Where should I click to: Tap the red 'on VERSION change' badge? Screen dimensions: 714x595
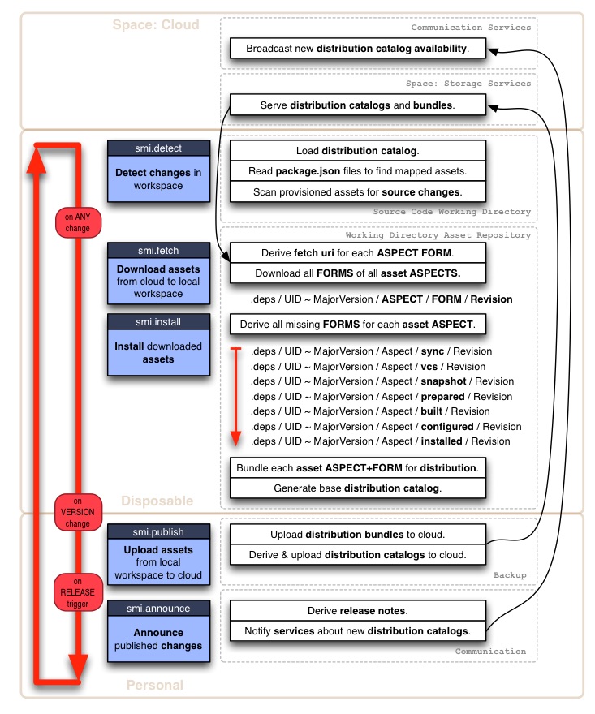(x=79, y=512)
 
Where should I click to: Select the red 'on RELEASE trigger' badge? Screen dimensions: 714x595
(x=79, y=591)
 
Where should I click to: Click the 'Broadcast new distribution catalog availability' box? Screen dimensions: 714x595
(x=358, y=49)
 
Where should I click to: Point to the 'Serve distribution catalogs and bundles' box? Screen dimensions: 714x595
(x=358, y=105)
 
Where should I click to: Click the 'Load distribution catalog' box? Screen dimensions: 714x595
(x=358, y=151)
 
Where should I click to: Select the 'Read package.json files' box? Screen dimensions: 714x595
(x=358, y=171)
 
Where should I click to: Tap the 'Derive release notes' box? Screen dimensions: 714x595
(x=358, y=610)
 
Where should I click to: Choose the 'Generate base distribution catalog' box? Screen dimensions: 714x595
(x=358, y=488)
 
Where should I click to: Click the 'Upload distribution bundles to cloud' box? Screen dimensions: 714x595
(x=358, y=535)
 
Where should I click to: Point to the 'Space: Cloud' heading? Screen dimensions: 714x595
(x=156, y=24)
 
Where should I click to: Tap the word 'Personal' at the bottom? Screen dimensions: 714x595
(x=154, y=686)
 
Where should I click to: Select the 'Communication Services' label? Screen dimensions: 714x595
(x=471, y=28)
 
